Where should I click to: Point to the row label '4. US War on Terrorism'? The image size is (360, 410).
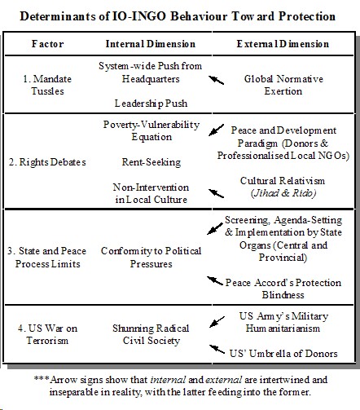tap(51, 334)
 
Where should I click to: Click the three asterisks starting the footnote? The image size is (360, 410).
tap(42, 380)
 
